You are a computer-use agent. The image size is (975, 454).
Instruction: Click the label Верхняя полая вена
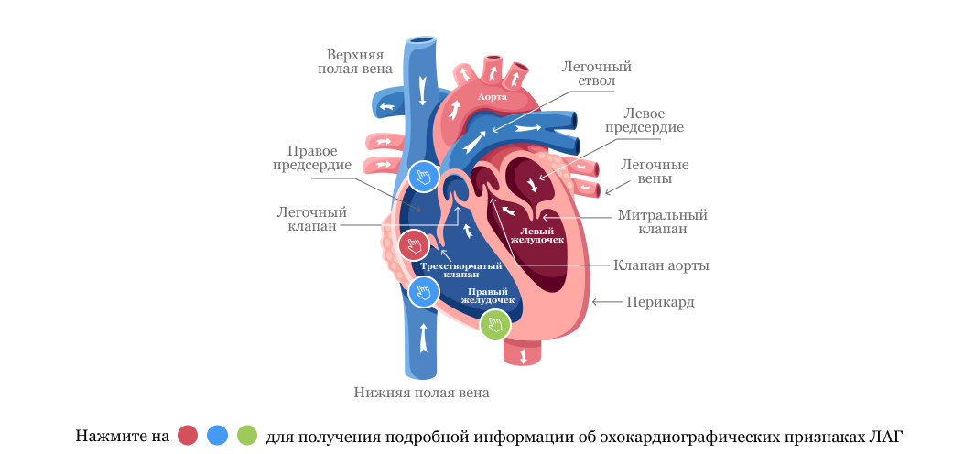(359, 61)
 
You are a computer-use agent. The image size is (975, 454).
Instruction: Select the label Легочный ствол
(596, 74)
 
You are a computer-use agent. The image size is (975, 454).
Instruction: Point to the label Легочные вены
(655, 172)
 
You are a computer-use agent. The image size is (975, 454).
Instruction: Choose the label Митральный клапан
(662, 222)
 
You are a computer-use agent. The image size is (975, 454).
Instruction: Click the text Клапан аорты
(661, 265)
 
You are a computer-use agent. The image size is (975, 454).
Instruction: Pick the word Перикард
(660, 302)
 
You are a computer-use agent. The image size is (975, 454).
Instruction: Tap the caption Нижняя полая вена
(421, 393)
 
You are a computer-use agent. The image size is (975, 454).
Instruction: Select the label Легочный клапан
(311, 219)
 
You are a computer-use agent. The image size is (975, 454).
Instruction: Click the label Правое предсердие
(312, 158)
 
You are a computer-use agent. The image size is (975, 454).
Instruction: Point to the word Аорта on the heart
(493, 95)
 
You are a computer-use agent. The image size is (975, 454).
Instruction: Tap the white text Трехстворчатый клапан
(460, 270)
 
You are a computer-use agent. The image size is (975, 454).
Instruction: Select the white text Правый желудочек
(487, 296)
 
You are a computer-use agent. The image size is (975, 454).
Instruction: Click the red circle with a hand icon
(414, 245)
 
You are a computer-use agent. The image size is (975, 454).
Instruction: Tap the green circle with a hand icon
(495, 324)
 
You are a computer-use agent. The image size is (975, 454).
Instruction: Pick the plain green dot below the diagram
(247, 435)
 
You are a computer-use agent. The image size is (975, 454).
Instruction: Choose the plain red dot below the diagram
(188, 435)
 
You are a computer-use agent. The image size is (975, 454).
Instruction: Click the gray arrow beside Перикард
(605, 301)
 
